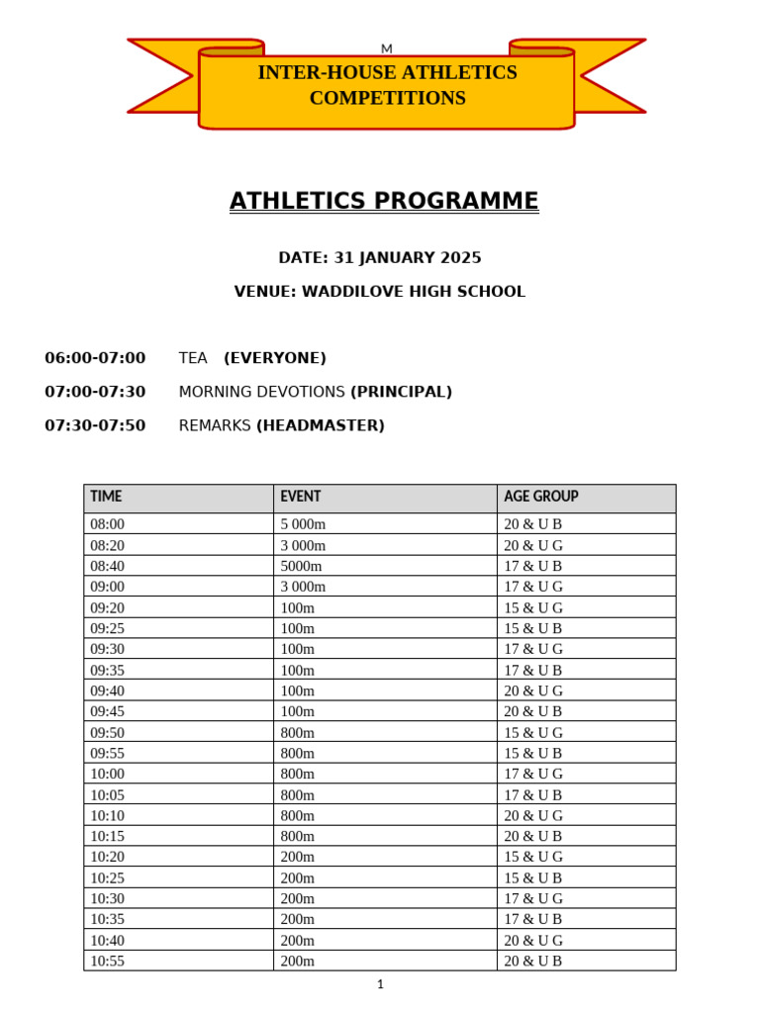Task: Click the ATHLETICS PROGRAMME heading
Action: pyautogui.click(x=384, y=201)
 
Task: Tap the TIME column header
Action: pyautogui.click(x=106, y=497)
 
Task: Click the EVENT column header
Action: pyautogui.click(x=300, y=497)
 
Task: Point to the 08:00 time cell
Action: pyautogui.click(x=108, y=524)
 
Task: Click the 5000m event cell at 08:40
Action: pyautogui.click(x=301, y=566)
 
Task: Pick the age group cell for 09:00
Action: pyautogui.click(x=533, y=587)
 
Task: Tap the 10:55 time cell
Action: pyautogui.click(x=108, y=961)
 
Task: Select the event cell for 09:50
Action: pyautogui.click(x=297, y=733)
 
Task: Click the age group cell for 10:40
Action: pyautogui.click(x=533, y=940)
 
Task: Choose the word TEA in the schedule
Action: pyautogui.click(x=193, y=358)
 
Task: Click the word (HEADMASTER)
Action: pyautogui.click(x=321, y=425)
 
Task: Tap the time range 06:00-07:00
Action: pyautogui.click(x=95, y=358)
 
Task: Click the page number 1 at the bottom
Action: pyautogui.click(x=380, y=984)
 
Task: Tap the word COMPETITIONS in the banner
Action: pyautogui.click(x=387, y=98)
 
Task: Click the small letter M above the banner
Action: pyautogui.click(x=387, y=48)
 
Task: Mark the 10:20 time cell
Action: pyautogui.click(x=108, y=857)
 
